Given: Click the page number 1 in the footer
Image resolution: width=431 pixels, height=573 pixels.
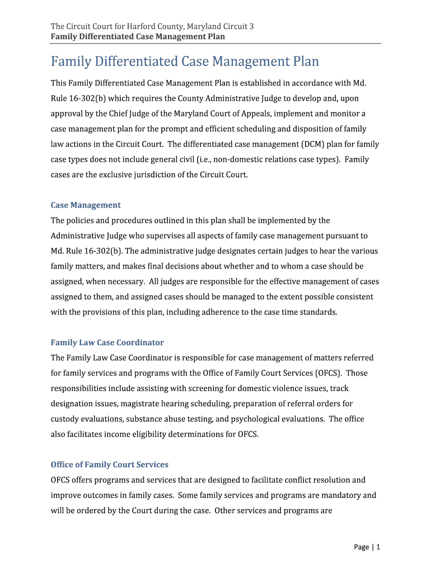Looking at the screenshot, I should point(378,547).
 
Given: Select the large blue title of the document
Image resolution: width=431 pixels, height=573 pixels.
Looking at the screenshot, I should point(185,61).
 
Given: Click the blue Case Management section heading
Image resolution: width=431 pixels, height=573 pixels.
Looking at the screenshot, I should point(86,205).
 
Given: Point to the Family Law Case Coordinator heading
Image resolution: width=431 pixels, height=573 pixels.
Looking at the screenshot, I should point(107,342).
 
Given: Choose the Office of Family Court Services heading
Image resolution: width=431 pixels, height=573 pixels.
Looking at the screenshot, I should point(110,464).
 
